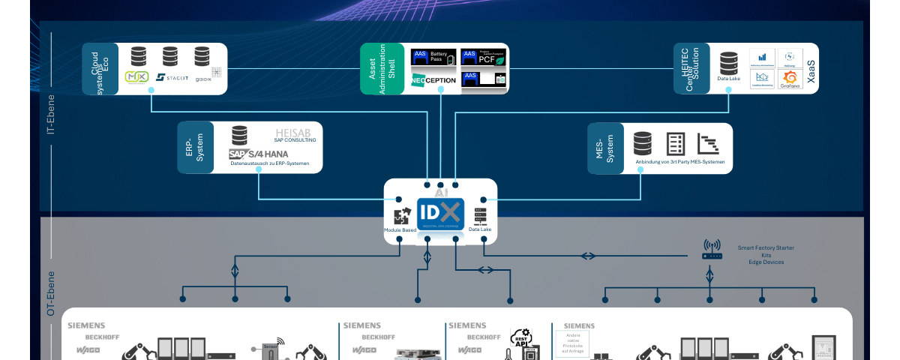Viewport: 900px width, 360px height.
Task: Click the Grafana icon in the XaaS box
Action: point(790,79)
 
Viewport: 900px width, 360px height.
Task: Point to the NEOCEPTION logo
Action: point(433,79)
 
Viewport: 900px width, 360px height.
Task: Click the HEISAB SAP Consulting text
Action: point(295,135)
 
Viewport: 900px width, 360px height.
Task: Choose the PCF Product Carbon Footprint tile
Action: point(484,57)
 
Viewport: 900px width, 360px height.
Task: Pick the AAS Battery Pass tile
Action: point(433,57)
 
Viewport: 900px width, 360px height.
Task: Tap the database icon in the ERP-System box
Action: point(239,135)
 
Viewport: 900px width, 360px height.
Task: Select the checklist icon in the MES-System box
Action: point(676,143)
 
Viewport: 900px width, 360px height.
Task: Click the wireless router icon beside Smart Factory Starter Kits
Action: point(712,250)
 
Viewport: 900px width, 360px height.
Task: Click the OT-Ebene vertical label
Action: point(51,293)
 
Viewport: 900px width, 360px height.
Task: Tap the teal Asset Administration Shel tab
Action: point(382,68)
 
